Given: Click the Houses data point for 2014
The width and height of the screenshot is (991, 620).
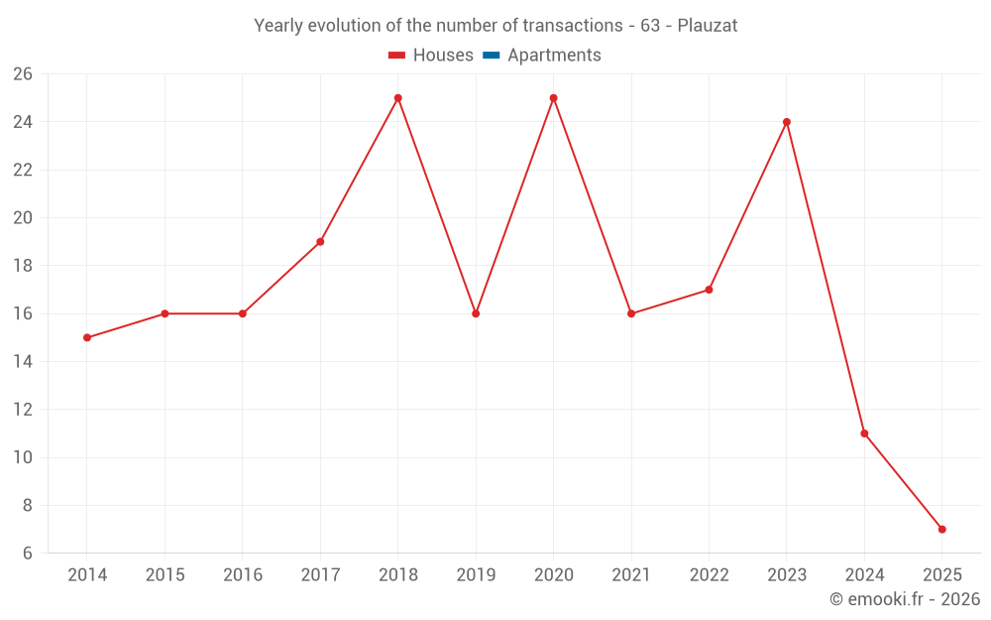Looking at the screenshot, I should [87, 337].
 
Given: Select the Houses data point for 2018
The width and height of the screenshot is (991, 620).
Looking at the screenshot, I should [397, 98].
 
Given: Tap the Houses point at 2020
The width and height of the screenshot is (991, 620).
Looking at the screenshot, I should [553, 98].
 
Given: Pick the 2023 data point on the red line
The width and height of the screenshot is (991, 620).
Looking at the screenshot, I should [787, 122].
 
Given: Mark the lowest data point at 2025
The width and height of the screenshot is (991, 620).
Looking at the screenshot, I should [941, 529].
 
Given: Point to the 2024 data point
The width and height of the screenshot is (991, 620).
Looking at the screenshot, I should [864, 434].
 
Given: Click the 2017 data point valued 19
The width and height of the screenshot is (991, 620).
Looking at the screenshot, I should [320, 241].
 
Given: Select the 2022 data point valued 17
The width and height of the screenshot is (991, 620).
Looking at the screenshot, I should [709, 290].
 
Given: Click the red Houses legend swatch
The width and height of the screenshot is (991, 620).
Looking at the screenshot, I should [396, 56].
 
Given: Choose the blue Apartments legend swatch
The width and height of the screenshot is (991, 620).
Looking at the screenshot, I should [491, 56].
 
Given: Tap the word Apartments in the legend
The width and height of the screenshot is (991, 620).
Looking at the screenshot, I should [554, 56].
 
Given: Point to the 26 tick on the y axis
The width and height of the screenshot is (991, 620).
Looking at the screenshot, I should [23, 74].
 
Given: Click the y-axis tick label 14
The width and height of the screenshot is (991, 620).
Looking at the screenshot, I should [23, 362].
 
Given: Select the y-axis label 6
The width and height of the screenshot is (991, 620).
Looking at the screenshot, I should [28, 554].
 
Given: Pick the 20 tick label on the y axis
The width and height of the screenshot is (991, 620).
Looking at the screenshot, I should [23, 218].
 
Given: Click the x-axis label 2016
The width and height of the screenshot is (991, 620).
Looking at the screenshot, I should [243, 575].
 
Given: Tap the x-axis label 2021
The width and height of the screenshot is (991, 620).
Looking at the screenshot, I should [631, 575].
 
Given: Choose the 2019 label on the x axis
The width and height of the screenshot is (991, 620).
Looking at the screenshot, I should [476, 575].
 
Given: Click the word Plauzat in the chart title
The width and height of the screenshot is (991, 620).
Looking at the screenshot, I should [707, 26].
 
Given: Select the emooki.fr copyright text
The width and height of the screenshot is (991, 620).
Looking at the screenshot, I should [904, 599].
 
